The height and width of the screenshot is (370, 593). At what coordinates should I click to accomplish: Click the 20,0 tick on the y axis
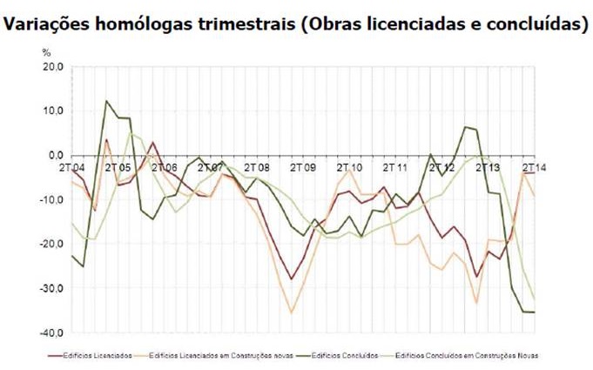pyautogui.click(x=56, y=66)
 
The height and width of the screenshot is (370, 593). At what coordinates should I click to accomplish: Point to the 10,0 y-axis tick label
pyautogui.click(x=56, y=111)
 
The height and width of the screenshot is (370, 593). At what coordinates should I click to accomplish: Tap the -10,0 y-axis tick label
pyautogui.click(x=54, y=199)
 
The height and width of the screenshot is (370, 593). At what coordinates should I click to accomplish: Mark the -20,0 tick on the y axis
pyautogui.click(x=54, y=244)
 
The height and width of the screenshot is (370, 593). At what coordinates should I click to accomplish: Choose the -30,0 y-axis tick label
pyautogui.click(x=54, y=288)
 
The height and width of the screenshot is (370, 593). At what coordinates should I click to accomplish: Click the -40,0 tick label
pyautogui.click(x=54, y=333)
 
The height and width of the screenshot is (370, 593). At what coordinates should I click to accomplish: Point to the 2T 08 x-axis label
pyautogui.click(x=257, y=166)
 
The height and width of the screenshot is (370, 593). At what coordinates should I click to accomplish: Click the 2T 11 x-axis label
pyautogui.click(x=395, y=166)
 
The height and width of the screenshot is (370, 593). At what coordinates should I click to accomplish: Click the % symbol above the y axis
pyautogui.click(x=59, y=52)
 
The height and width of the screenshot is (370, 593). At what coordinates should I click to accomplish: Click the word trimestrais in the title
pyautogui.click(x=239, y=24)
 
